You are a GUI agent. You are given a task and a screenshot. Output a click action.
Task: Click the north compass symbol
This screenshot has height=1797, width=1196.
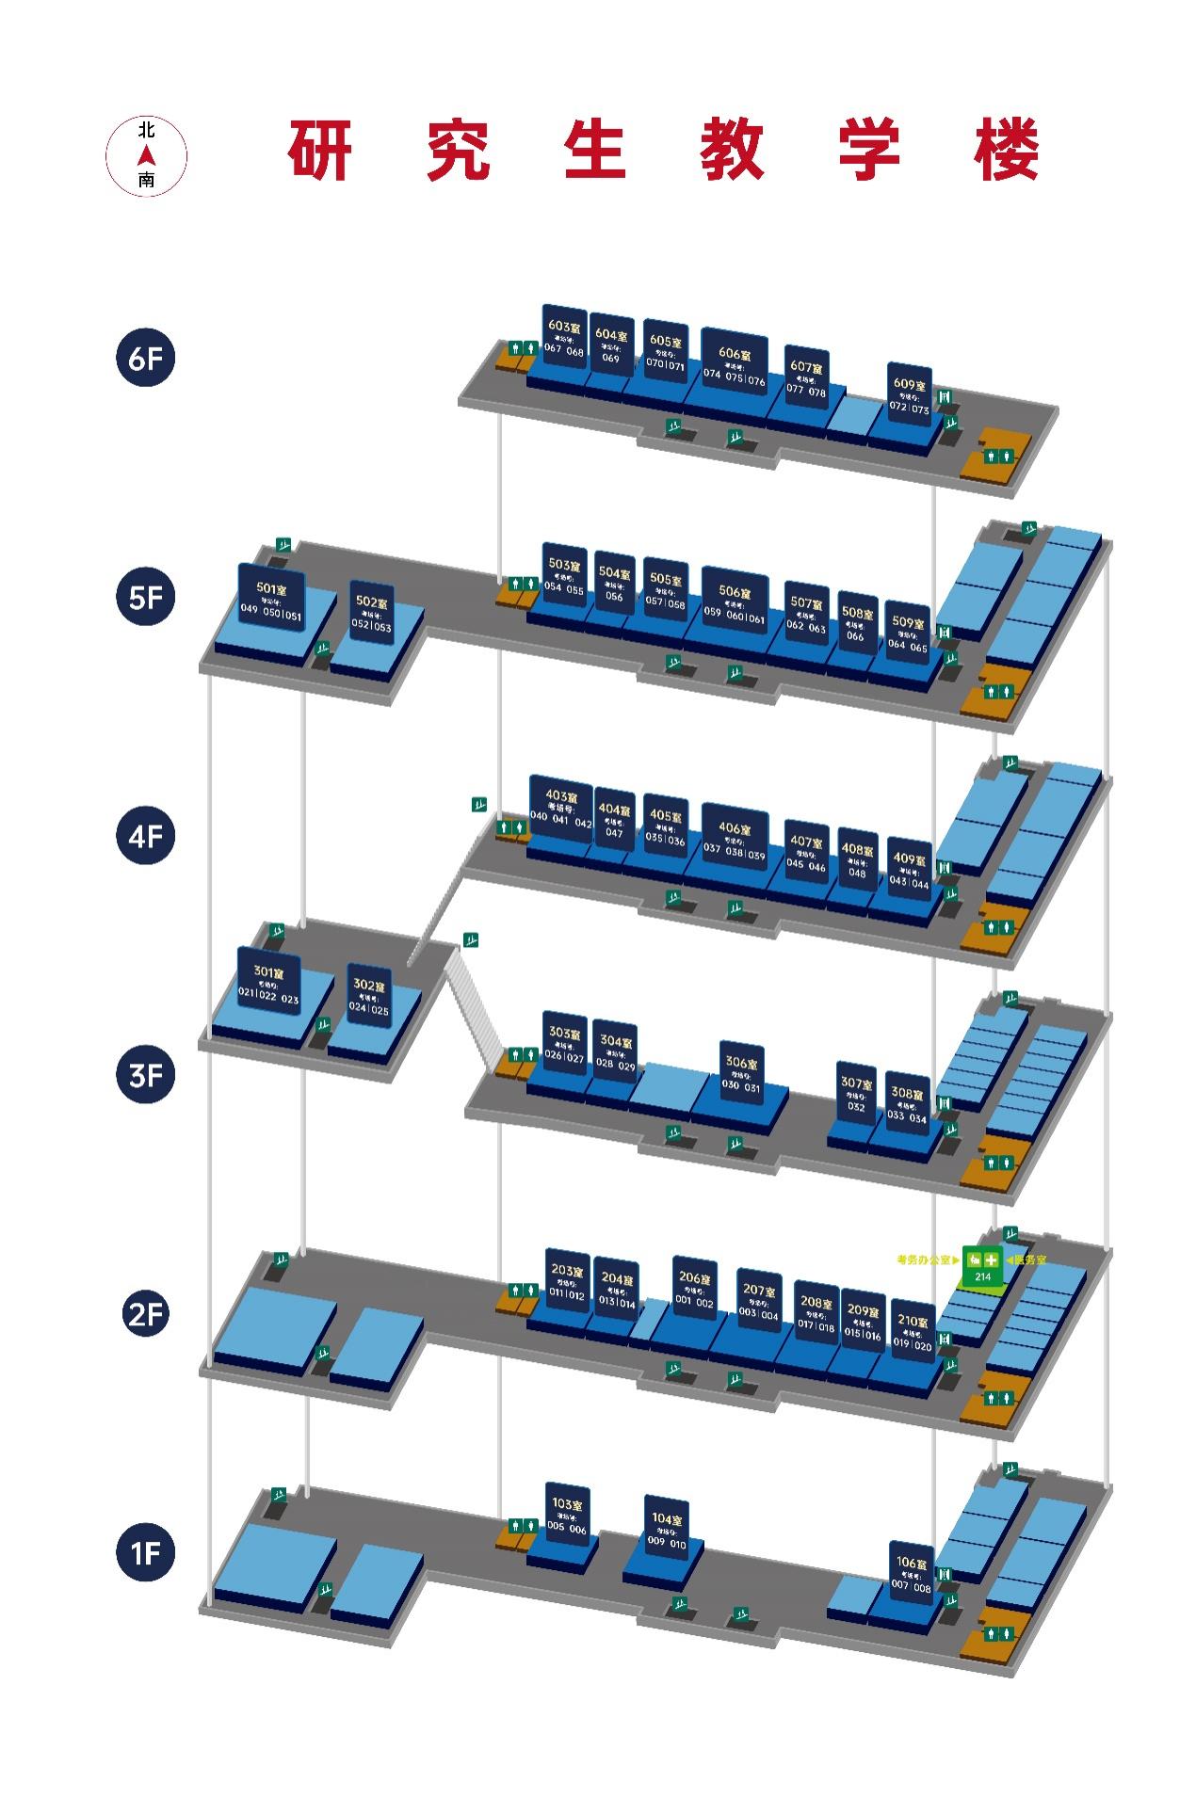[x=146, y=156]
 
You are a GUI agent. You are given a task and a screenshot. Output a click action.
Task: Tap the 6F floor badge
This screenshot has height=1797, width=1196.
[x=146, y=358]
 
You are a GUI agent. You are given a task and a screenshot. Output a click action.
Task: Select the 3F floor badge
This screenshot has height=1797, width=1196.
[x=146, y=1073]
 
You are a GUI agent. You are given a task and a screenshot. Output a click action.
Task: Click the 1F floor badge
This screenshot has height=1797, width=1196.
[x=146, y=1551]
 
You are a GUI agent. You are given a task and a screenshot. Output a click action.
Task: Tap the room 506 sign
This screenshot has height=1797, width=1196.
[x=735, y=604]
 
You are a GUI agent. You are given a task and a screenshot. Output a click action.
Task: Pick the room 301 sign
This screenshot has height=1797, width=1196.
[x=268, y=982]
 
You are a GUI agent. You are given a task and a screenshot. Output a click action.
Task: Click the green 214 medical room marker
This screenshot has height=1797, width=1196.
[x=982, y=1266]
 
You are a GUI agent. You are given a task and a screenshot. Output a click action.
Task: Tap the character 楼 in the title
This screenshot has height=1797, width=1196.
[x=1007, y=151]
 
